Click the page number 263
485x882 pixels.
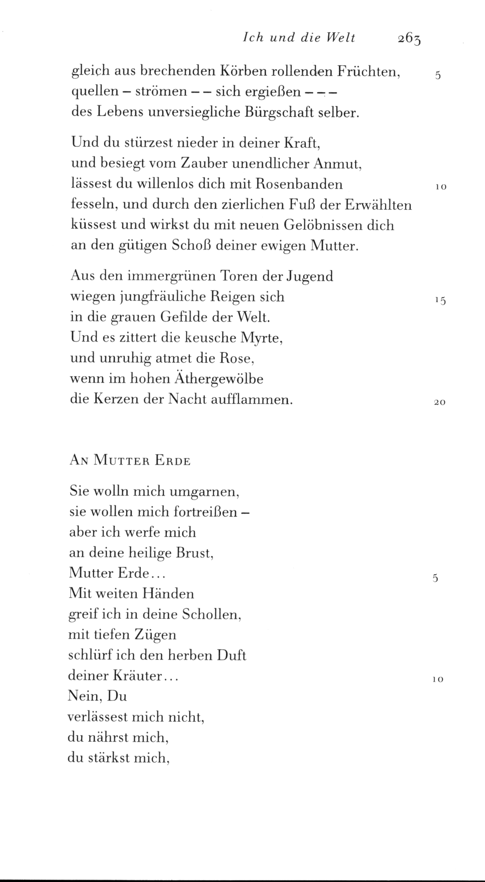click(410, 38)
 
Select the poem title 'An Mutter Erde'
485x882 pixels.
click(130, 461)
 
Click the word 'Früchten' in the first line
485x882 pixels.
click(369, 71)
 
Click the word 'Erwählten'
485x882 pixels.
click(379, 204)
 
